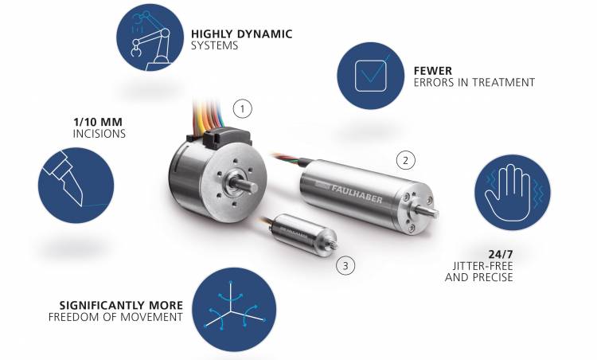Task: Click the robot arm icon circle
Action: click(150, 37)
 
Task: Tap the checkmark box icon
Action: click(370, 76)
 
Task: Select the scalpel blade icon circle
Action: click(76, 186)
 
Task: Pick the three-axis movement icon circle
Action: click(234, 309)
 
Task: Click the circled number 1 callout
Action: click(243, 109)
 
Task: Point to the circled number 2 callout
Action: click(405, 160)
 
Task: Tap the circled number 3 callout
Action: click(345, 265)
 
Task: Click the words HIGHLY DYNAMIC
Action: click(242, 34)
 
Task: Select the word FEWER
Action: click(433, 71)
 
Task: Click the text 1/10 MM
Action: click(98, 123)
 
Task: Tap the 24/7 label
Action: click(501, 254)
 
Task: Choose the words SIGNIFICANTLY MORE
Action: click(121, 306)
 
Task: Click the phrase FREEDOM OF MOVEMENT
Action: click(115, 317)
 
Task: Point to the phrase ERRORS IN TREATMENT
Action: click(474, 82)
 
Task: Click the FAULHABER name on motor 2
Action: click(357, 193)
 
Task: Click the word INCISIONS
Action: click(99, 134)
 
